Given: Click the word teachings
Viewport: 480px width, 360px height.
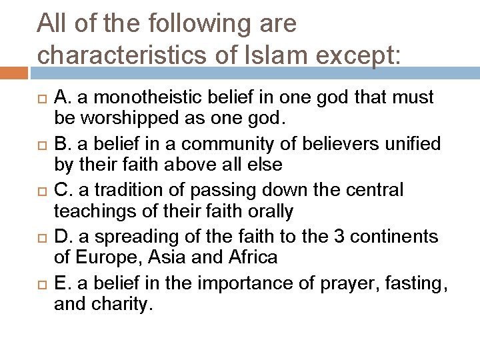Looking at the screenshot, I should pyautogui.click(x=97, y=212).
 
